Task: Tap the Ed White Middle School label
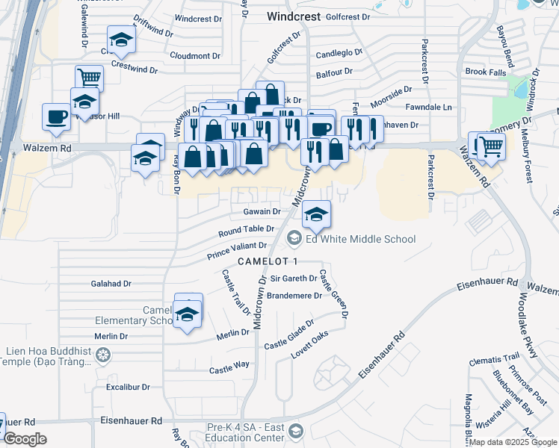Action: pos(360,239)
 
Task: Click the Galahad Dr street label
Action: pos(111,284)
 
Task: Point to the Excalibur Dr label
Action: pos(129,388)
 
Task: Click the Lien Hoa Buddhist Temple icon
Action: pos(104,352)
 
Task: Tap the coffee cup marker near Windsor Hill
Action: pos(57,116)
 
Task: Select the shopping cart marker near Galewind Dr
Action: pos(89,77)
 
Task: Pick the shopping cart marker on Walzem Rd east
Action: pos(491,146)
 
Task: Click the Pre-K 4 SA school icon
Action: pos(297,432)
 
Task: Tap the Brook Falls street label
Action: pos(485,72)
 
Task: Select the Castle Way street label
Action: pos(229,369)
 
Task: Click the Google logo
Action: pos(25,439)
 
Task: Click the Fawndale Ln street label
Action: pos(436,108)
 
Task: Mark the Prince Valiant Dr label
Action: pos(237,251)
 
